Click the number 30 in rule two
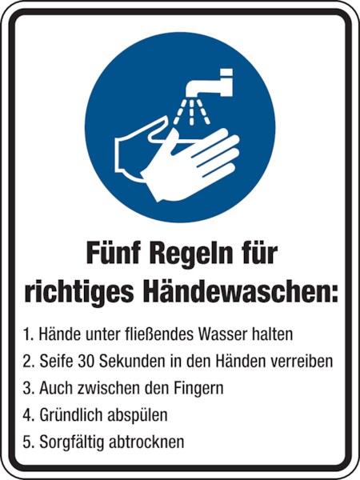click(x=86, y=362)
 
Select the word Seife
click(x=56, y=362)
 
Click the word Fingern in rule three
click(x=199, y=389)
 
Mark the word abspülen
click(x=138, y=416)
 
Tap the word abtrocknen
click(x=147, y=442)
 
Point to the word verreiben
click(x=302, y=362)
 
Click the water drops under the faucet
click(x=192, y=112)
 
